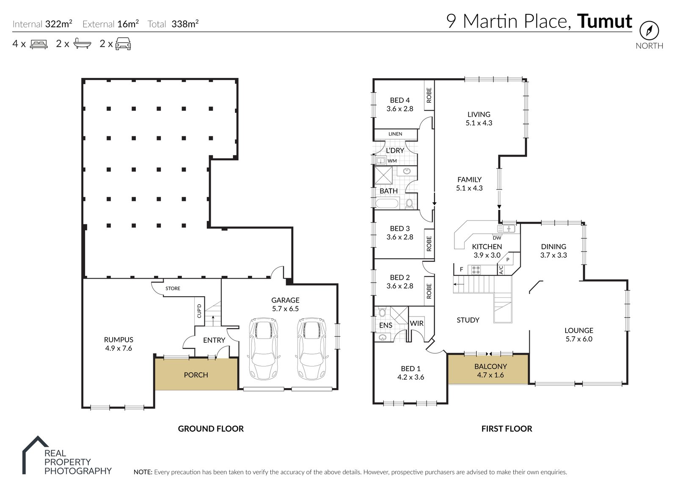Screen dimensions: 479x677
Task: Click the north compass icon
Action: (649, 30)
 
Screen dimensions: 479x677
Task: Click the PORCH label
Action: (196, 375)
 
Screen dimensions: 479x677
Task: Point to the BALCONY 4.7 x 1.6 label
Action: (490, 371)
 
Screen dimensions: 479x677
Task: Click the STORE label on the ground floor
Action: (173, 289)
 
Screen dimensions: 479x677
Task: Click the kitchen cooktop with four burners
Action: (476, 269)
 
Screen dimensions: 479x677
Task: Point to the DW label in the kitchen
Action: (497, 238)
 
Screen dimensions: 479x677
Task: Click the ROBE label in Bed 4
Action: (429, 95)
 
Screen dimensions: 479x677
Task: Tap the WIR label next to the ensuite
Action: (416, 323)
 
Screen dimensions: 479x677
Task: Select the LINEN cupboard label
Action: (395, 134)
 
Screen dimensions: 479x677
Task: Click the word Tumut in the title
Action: (605, 21)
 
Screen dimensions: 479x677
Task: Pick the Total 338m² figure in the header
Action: (185, 24)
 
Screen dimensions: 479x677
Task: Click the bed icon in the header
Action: (39, 44)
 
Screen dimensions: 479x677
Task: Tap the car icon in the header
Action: (123, 44)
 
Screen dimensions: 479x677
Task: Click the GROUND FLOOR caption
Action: (211, 429)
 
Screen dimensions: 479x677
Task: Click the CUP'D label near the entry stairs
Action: (199, 311)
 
